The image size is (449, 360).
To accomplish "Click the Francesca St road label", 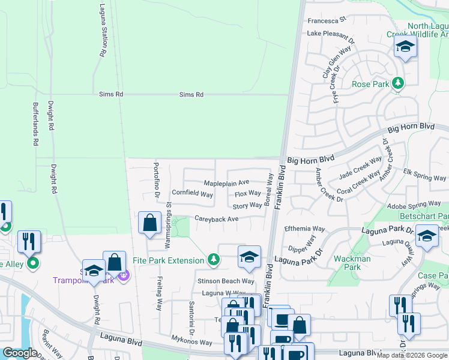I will coord(328,20).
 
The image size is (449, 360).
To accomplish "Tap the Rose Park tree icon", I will coord(397,83).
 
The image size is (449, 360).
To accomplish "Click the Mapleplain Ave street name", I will coord(226,182).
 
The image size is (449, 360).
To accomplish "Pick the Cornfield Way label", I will coord(192,194).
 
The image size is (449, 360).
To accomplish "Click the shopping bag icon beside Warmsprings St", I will coord(149,223).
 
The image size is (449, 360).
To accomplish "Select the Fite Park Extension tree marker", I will coord(212,259).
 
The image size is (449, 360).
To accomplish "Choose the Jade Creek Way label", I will coord(360,167).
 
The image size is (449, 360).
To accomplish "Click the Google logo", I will coord(20,353).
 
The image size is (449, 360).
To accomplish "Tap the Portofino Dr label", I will coord(156,179).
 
